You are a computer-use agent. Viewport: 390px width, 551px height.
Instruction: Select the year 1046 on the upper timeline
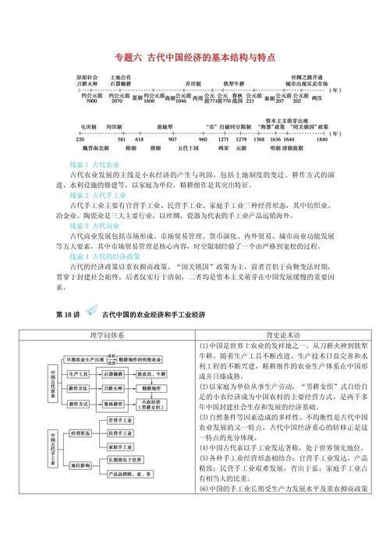[x=181, y=102]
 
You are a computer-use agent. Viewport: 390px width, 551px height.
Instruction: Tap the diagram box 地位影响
[x=81, y=465]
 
